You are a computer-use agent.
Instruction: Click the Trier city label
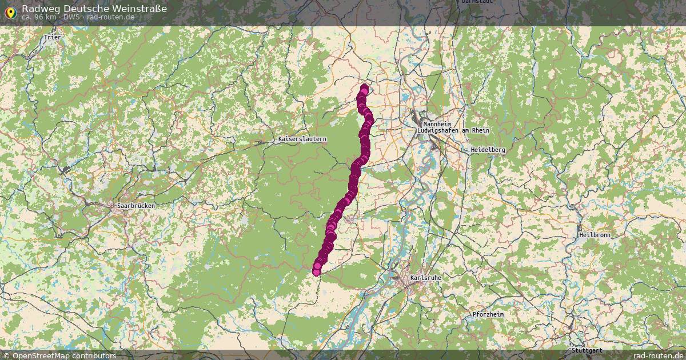[x=52, y=37]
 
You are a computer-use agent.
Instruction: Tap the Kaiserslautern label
[x=302, y=139]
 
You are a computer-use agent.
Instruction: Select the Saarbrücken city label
[x=135, y=206]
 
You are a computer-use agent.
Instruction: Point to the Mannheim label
[x=436, y=124]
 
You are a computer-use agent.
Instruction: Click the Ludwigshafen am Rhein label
[x=454, y=131]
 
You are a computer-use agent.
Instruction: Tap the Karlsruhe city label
[x=425, y=278]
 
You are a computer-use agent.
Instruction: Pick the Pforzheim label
[x=488, y=315]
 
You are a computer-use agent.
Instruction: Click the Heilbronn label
[x=594, y=235]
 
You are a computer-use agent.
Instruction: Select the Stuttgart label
[x=586, y=350]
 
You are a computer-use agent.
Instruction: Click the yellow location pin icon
[x=10, y=11]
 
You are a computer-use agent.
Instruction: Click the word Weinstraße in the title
[x=140, y=9]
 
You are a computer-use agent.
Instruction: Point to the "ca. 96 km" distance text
[x=39, y=17]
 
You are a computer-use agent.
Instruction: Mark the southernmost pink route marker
[x=316, y=272]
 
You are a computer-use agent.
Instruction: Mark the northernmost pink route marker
[x=365, y=87]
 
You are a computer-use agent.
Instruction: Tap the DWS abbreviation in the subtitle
[x=71, y=17]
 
